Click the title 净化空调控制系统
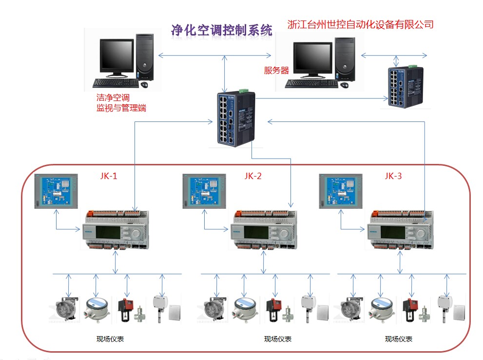[x=221, y=30]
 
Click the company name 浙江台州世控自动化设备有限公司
[x=360, y=24]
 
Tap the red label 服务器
[x=276, y=71]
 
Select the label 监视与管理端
[x=121, y=108]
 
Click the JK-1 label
[x=108, y=176]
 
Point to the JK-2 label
[x=252, y=176]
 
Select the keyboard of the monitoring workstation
[x=115, y=83]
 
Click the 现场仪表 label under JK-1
[x=110, y=339]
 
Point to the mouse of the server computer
[x=344, y=85]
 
